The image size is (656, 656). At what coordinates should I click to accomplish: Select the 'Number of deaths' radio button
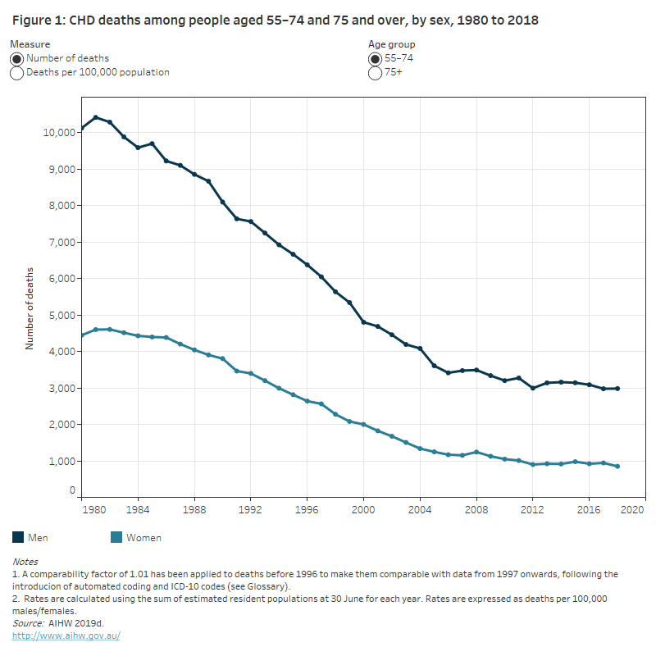[17, 59]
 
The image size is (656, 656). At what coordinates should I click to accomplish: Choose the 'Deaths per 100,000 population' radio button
[17, 73]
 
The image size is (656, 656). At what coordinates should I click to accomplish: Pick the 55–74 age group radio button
[376, 59]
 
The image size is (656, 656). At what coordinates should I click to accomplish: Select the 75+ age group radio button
[376, 73]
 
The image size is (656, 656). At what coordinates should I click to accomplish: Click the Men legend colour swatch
[18, 538]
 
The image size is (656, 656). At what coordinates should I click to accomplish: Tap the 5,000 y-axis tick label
[61, 315]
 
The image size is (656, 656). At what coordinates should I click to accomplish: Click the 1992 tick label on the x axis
[251, 508]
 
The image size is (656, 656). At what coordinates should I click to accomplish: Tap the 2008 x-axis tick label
[476, 508]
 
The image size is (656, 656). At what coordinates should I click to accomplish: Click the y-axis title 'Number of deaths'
[30, 308]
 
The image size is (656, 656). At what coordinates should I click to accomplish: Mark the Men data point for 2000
[364, 322]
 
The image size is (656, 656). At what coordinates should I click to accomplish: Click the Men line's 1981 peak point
[95, 117]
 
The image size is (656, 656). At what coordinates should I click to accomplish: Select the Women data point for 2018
[617, 467]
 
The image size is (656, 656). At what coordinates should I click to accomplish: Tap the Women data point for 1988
[194, 350]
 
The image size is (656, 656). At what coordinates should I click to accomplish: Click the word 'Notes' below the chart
[25, 562]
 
